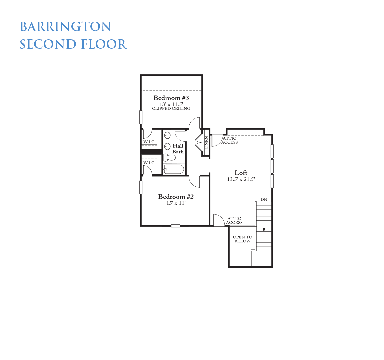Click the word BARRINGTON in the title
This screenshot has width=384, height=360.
click(x=65, y=26)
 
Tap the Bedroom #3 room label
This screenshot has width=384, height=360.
click(x=171, y=98)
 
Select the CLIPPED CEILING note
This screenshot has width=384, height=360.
click(x=171, y=108)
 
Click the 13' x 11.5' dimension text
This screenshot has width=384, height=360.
click(x=171, y=104)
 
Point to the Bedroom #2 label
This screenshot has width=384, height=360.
click(x=176, y=197)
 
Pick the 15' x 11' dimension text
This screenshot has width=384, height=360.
click(x=176, y=203)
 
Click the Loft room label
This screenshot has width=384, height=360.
click(x=241, y=173)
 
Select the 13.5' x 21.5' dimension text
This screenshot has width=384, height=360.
click(x=241, y=179)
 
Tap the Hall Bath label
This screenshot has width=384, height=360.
click(x=178, y=149)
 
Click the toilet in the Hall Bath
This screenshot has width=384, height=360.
click(x=169, y=157)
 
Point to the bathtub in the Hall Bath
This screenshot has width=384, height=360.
click(x=174, y=169)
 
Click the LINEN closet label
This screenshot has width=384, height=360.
click(x=206, y=143)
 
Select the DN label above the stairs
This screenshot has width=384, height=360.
click(x=264, y=200)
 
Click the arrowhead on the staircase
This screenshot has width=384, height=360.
click(x=264, y=230)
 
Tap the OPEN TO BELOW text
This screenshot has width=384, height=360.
click(x=242, y=239)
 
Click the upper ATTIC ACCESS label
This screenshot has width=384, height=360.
click(x=229, y=140)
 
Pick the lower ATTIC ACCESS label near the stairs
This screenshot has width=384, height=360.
click(x=234, y=220)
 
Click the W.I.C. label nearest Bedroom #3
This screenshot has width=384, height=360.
click(x=149, y=142)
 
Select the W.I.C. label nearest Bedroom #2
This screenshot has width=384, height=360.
click(x=149, y=163)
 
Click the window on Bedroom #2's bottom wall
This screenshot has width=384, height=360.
click(x=176, y=226)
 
